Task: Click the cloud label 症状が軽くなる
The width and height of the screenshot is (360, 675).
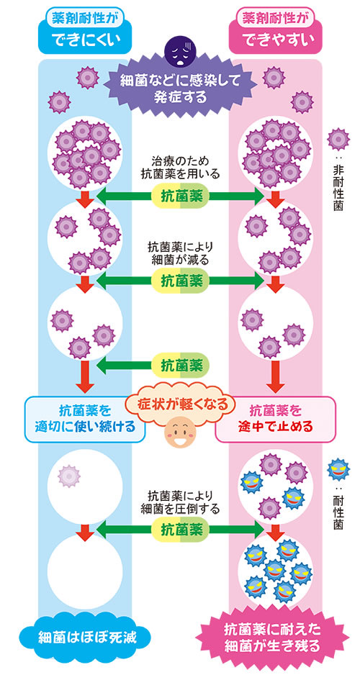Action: [181, 404]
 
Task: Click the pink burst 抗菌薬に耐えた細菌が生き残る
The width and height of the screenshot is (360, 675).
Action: [273, 637]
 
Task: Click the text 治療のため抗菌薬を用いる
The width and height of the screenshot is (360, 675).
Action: [181, 168]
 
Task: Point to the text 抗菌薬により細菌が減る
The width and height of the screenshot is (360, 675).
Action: [181, 253]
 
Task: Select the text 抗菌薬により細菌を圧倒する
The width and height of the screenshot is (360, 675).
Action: [181, 502]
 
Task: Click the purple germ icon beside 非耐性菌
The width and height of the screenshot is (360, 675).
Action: [338, 140]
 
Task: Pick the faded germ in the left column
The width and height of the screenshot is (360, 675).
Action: [70, 476]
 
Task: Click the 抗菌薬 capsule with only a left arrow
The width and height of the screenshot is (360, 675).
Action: [181, 366]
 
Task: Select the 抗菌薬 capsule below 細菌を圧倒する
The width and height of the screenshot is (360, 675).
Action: [181, 530]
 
